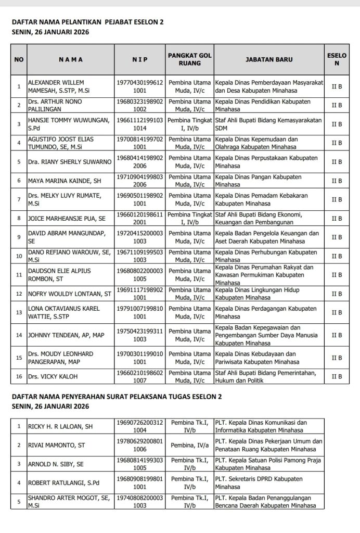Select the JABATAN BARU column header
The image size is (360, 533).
268,59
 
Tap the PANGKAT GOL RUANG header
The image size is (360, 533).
189,59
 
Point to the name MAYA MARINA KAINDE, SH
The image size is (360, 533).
64,181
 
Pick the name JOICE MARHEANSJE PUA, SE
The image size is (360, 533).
67,219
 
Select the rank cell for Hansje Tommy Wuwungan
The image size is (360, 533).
189,124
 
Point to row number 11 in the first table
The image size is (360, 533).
19,275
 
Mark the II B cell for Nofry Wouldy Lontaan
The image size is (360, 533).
337,294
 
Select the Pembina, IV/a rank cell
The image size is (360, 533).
189,445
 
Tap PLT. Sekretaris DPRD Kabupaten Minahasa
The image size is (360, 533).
259,483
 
